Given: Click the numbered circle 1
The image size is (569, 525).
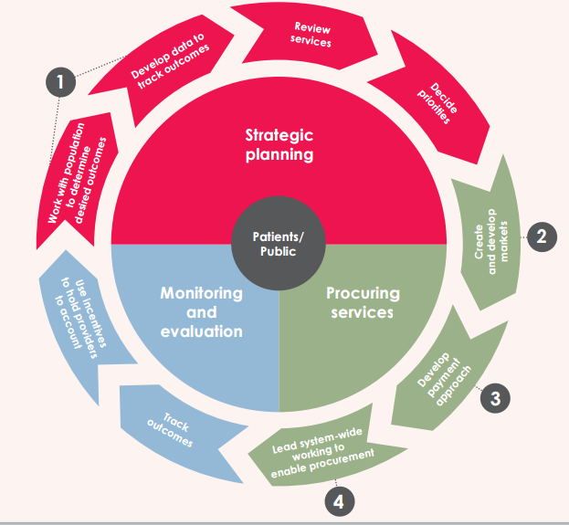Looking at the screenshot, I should [x=60, y=82].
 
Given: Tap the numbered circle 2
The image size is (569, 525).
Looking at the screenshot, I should [x=541, y=237].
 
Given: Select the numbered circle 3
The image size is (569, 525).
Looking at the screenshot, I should [x=494, y=397].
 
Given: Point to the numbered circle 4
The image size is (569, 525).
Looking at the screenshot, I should [x=339, y=500].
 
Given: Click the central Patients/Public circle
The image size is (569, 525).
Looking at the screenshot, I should [x=279, y=244].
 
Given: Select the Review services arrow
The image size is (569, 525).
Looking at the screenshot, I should [x=310, y=35].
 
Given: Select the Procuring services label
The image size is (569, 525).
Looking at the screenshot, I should [x=363, y=302].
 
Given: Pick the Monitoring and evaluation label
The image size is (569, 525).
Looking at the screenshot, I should [x=201, y=311].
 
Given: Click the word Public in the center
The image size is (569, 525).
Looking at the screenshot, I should [x=279, y=252].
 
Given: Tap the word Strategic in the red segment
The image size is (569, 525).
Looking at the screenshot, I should [x=279, y=135].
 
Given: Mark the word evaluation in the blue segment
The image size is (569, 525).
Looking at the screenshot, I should [x=201, y=331].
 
